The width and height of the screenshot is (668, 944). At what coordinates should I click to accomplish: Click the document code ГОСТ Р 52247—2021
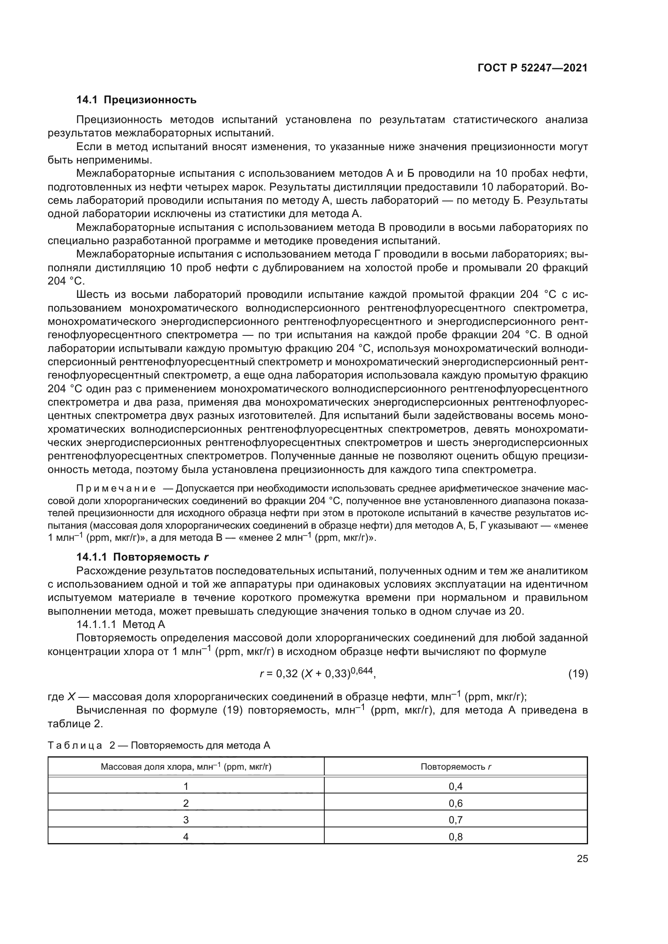[x=532, y=68]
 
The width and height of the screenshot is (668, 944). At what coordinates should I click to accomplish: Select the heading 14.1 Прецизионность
[x=136, y=100]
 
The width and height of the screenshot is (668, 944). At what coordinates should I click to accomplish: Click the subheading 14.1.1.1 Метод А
[x=120, y=624]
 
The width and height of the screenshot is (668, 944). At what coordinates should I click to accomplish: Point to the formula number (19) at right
[x=578, y=674]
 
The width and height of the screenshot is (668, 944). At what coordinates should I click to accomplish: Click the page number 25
[x=582, y=858]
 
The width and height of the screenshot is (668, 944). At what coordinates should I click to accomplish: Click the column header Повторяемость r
[x=456, y=767]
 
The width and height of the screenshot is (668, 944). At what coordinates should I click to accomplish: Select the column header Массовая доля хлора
[x=186, y=767]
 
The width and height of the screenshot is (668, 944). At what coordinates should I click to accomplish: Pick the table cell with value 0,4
[x=455, y=787]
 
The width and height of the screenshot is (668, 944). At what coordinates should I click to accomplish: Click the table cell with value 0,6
[x=455, y=804]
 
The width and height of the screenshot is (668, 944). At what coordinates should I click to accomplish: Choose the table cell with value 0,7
[x=455, y=820]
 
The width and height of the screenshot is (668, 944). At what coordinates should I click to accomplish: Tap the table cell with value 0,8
[x=455, y=837]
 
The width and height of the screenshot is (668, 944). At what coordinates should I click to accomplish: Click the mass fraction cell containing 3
[x=186, y=820]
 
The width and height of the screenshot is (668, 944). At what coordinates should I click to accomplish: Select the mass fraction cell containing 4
[x=186, y=837]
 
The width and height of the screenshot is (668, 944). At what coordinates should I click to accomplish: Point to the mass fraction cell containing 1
[x=186, y=787]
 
